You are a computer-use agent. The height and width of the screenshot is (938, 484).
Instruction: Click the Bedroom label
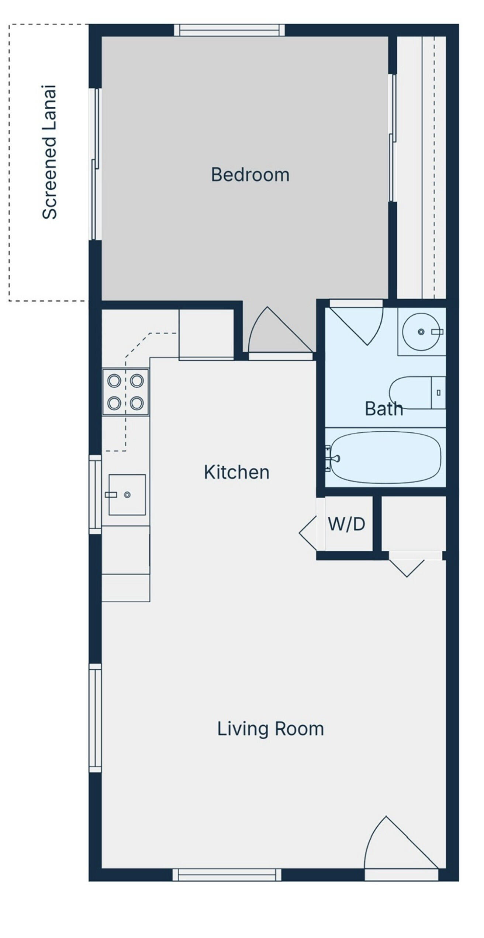pyautogui.click(x=250, y=175)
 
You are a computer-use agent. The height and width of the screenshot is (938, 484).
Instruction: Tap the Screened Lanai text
pyautogui.click(x=49, y=152)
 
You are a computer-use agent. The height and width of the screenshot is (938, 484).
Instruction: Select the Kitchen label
pyautogui.click(x=236, y=472)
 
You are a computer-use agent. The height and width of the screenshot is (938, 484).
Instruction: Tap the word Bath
pyautogui.click(x=384, y=409)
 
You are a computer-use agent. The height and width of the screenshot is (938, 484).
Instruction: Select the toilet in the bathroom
pyautogui.click(x=417, y=393)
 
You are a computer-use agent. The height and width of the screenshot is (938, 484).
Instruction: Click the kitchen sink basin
pyautogui.click(x=127, y=495)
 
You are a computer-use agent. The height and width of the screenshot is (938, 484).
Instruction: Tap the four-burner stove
pyautogui.click(x=125, y=392)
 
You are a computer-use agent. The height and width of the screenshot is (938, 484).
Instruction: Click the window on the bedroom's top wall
pyautogui.click(x=229, y=30)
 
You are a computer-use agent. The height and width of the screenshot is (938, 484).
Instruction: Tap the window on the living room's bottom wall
pyautogui.click(x=227, y=875)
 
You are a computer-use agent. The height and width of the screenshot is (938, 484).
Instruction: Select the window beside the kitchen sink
pyautogui.click(x=95, y=494)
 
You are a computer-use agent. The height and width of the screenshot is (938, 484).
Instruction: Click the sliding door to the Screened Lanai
pyautogui.click(x=95, y=164)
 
